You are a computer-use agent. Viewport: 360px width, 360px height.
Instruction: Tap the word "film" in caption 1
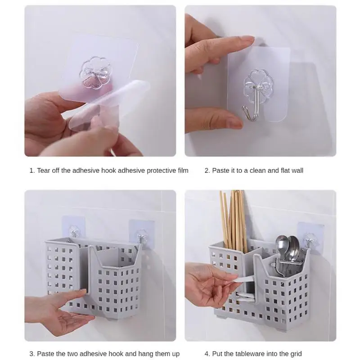point(183,171)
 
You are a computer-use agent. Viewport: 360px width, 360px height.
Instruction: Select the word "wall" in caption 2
point(297,171)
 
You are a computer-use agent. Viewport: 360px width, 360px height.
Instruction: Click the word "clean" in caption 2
point(257,171)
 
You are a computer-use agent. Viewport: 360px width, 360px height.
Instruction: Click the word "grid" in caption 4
point(296,354)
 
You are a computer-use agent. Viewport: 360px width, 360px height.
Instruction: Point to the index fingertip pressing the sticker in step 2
point(249,39)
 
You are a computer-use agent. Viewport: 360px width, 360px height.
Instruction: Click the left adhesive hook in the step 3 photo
point(74,231)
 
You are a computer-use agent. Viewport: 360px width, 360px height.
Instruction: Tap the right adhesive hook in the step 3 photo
point(142,235)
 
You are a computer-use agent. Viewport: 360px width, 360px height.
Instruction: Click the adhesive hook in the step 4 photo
point(310,240)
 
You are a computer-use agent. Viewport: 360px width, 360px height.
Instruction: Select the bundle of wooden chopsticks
point(233,218)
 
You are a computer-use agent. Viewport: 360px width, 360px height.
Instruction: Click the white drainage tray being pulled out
point(244,289)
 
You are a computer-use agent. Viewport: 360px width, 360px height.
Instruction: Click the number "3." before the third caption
point(32,354)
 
